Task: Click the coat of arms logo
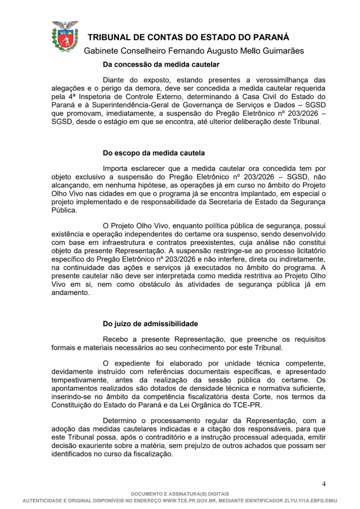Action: (65, 36)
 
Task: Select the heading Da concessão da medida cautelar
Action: (161, 64)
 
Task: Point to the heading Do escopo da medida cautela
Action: (154, 153)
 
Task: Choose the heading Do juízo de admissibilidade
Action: (150, 324)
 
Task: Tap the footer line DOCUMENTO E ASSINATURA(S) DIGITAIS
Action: (180, 494)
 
